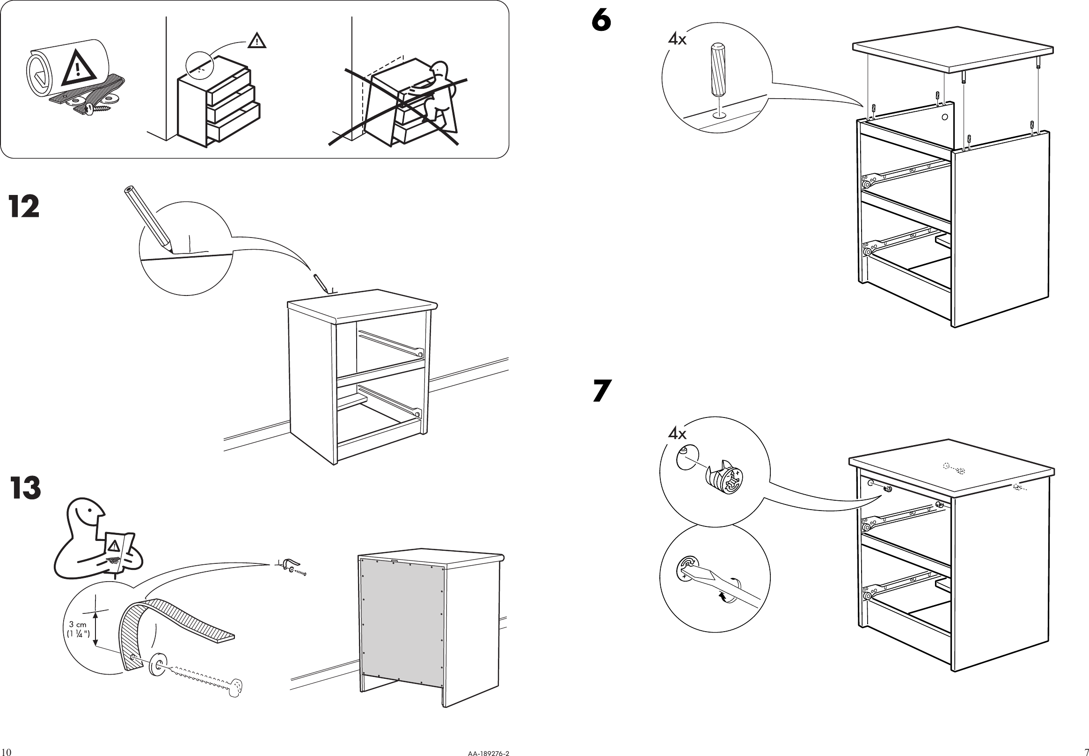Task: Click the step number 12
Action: [x=24, y=207]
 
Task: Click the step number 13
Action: [x=26, y=489]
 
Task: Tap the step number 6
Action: [x=601, y=22]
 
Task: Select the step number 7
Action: [x=602, y=391]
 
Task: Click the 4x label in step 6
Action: [x=677, y=39]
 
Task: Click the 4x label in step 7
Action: [x=677, y=433]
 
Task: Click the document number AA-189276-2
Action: [x=488, y=753]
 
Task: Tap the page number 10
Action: [x=6, y=752]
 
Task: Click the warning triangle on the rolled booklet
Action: [x=79, y=67]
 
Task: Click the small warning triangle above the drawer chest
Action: [x=256, y=41]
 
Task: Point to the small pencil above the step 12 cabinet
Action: [x=320, y=283]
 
